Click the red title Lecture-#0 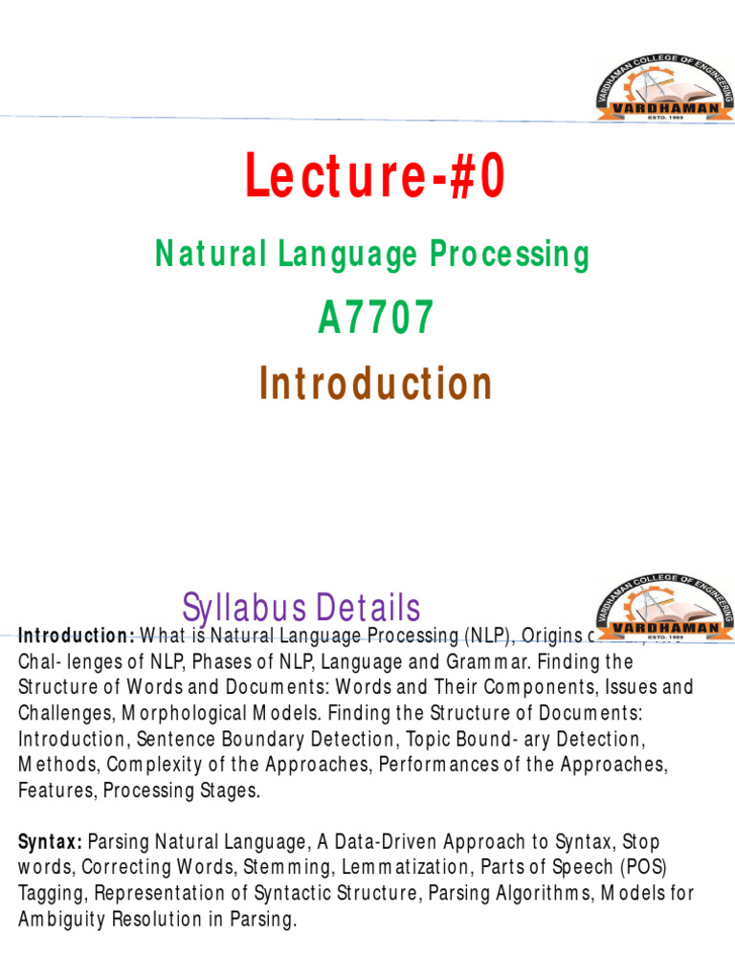[374, 178]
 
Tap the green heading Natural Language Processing [372, 255]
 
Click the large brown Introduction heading [374, 384]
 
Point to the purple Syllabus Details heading [301, 608]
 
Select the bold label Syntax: [50, 842]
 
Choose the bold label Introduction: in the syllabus [77, 636]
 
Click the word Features [56, 791]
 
